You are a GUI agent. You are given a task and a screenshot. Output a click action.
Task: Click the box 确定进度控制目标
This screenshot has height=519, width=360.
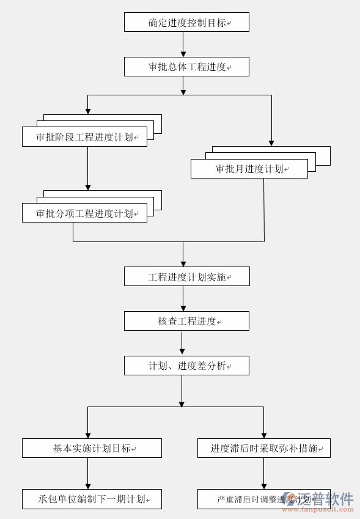coord(186,23)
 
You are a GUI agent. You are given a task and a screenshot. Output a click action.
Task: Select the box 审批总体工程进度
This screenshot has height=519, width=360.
coord(186,67)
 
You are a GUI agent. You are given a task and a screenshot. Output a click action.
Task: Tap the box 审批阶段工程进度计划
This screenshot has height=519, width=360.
coord(84,137)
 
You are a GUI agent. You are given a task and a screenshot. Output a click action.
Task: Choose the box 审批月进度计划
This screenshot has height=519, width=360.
coord(249,169)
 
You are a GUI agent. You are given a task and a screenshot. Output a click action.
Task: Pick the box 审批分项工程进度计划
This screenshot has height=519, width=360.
coord(84,213)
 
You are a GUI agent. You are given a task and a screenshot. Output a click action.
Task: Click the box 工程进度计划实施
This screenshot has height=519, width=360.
coord(186,276)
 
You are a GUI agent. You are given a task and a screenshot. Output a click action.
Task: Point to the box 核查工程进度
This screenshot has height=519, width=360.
coord(186,321)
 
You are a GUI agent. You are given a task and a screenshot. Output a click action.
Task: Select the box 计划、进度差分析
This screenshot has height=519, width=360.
coord(186,366)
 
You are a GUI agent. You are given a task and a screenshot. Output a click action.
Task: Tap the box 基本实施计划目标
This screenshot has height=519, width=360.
coord(92,448)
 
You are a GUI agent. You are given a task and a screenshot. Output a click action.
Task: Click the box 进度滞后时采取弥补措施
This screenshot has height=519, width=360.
coord(263,448)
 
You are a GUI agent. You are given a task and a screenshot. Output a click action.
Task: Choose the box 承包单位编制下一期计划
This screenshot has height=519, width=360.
coord(92,499)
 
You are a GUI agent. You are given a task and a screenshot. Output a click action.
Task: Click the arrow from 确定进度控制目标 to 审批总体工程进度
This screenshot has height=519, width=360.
coord(183,45)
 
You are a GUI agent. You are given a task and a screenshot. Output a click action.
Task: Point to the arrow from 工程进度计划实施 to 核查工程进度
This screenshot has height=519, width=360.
coord(183,299)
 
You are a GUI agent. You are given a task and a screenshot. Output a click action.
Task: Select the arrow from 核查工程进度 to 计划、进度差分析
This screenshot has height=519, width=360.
coord(182,344)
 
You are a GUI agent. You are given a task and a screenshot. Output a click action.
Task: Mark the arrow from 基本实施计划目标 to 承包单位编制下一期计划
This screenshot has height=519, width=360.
coord(88,473)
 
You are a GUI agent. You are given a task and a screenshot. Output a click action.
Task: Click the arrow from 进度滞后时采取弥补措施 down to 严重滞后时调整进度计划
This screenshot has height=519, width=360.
coord(264,473)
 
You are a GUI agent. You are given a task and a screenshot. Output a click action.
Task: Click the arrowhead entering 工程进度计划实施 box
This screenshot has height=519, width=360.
coord(183,263)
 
